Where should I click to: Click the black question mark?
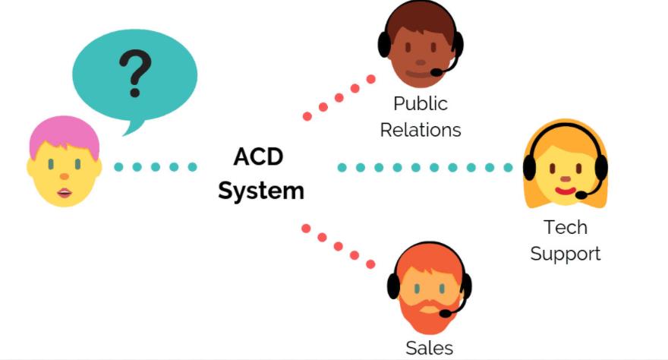tap(134, 73)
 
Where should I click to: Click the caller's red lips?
tap(64, 193)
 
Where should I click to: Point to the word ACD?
tap(258, 157)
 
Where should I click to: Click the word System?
tap(260, 190)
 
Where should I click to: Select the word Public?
tap(420, 104)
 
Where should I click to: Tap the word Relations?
tap(420, 130)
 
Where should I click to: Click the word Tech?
tap(565, 226)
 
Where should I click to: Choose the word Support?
tap(565, 253)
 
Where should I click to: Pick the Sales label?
tap(429, 348)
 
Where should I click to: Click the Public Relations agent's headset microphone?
tap(437, 72)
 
